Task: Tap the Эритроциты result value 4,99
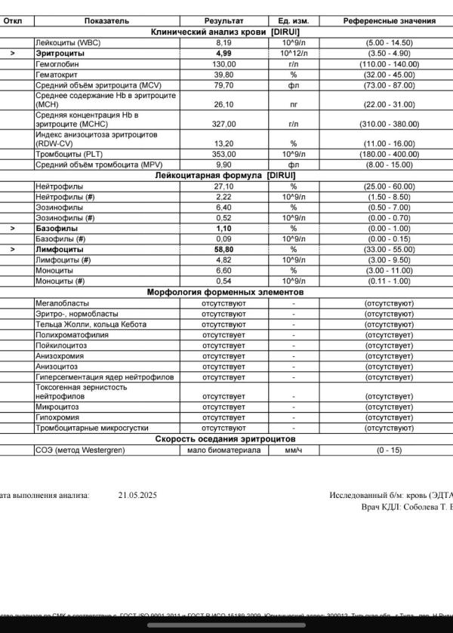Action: (x=223, y=54)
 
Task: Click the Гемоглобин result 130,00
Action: (x=223, y=65)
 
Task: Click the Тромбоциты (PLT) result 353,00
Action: (x=223, y=154)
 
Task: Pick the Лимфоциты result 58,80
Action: (x=223, y=249)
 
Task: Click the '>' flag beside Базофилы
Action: (x=12, y=228)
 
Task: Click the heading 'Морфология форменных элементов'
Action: (x=225, y=292)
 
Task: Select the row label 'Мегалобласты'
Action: (x=59, y=303)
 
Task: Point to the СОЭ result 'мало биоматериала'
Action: (x=223, y=450)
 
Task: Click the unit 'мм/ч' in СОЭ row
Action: (x=293, y=450)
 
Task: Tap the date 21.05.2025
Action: (x=137, y=496)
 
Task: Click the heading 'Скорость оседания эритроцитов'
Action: (x=225, y=439)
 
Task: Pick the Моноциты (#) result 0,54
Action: (x=223, y=281)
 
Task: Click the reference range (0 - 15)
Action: (x=389, y=450)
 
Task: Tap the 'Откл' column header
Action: (x=12, y=22)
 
